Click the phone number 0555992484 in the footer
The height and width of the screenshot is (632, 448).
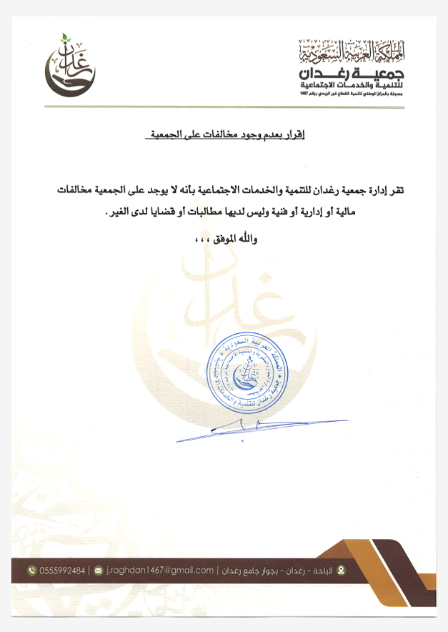tap(62, 571)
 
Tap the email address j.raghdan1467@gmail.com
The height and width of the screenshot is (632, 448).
tap(160, 571)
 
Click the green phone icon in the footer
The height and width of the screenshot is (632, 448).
tap(31, 571)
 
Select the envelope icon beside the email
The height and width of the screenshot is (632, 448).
tap(98, 571)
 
